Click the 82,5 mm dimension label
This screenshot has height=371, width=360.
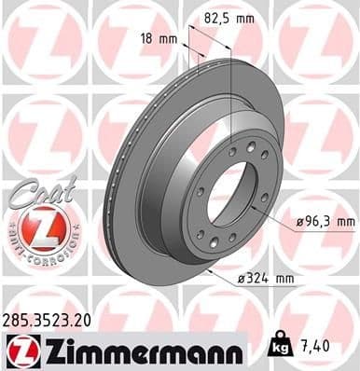pyautogui.click(x=229, y=17)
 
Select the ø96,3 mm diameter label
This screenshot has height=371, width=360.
pyautogui.click(x=323, y=220)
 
